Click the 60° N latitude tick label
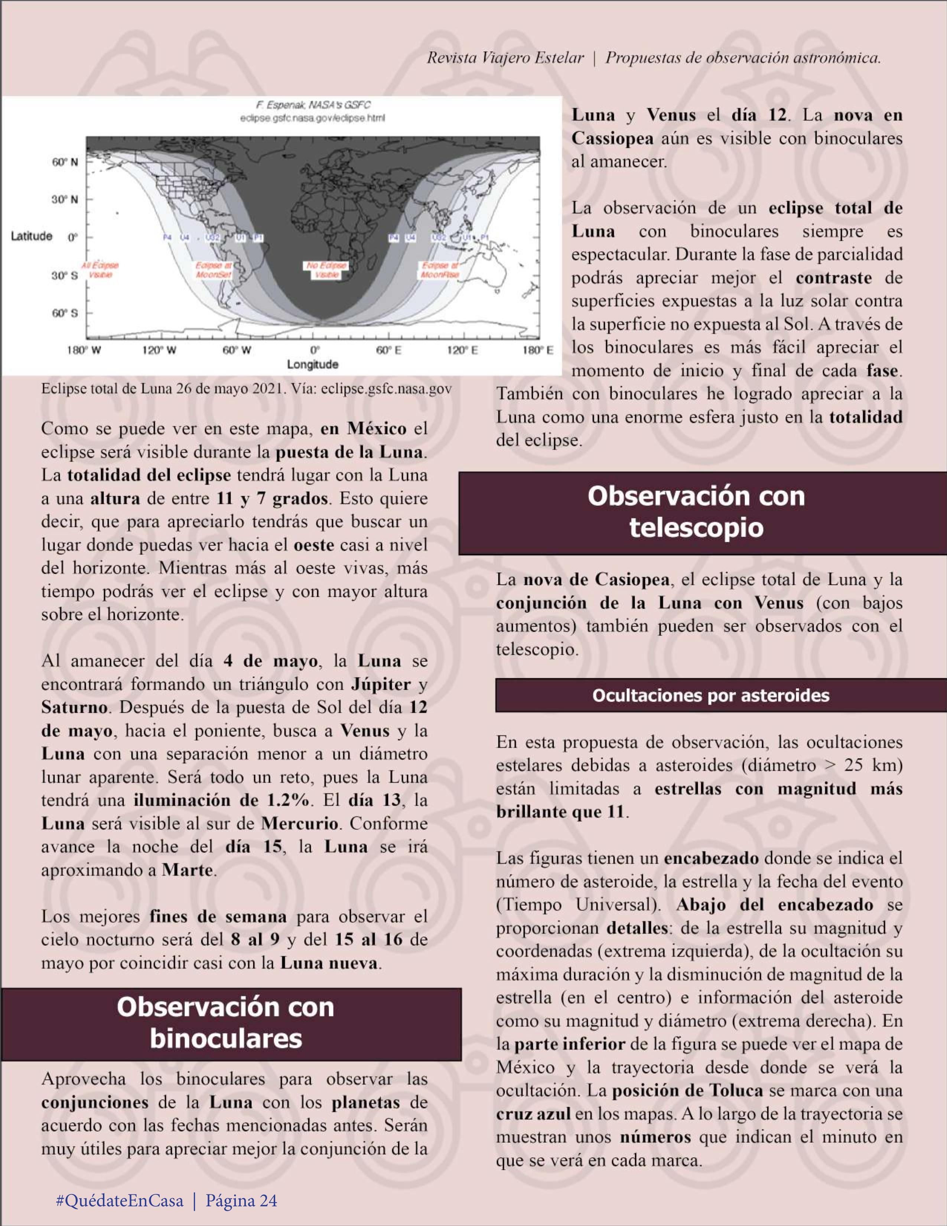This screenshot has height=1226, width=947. click(65, 162)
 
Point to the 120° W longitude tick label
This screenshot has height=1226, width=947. click(159, 350)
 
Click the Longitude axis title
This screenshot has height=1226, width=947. click(313, 364)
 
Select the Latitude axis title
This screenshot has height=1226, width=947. click(32, 236)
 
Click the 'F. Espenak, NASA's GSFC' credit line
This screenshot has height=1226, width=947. click(313, 105)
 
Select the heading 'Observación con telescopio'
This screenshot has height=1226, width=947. click(696, 512)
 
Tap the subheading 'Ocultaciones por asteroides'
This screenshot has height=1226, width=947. click(711, 696)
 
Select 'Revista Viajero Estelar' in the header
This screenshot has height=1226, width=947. click(505, 58)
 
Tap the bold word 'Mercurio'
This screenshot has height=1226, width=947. click(300, 823)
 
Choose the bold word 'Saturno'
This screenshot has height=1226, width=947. click(74, 707)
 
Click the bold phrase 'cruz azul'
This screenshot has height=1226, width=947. click(533, 1114)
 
